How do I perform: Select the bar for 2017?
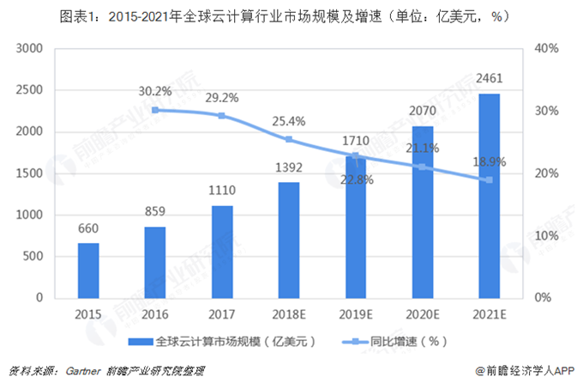pyautogui.click(x=222, y=251)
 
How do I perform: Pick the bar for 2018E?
pyautogui.click(x=289, y=240)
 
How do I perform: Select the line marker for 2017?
pyautogui.click(x=222, y=115)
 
